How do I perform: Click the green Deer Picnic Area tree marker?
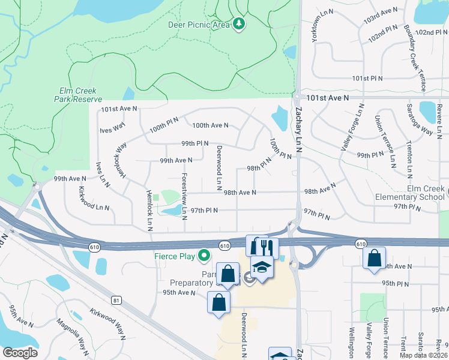pos(240,24)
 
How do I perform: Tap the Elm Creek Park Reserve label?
pos(78,95)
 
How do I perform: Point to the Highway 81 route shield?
pos(116,299)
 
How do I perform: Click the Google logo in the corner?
pos(20,353)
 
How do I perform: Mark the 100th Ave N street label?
pos(210,125)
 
